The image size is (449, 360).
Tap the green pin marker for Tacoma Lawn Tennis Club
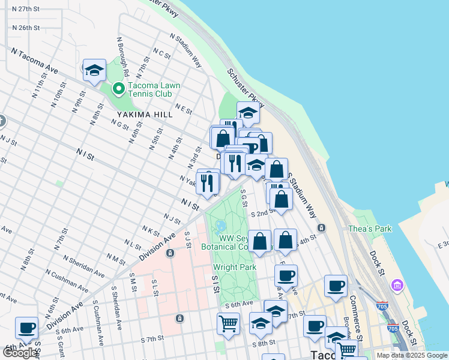pyautogui.click(x=118, y=90)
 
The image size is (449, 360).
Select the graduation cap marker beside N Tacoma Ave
pyautogui.click(x=94, y=71)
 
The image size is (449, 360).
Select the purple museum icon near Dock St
pyautogui.click(x=397, y=284)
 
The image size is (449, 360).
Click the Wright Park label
pyautogui.click(x=235, y=267)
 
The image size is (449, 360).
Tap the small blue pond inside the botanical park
pyautogui.click(x=220, y=227)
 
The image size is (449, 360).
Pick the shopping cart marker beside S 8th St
pyautogui.click(x=228, y=324)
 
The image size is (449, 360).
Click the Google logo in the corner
pyautogui.click(x=19, y=353)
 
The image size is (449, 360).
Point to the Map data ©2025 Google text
pyautogui.click(x=411, y=355)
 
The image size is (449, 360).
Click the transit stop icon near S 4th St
pyautogui.click(x=322, y=227)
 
